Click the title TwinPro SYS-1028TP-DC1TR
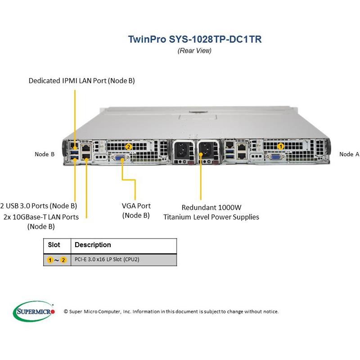click(x=194, y=39)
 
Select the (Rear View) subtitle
click(x=194, y=50)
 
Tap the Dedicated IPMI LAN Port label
click(x=81, y=81)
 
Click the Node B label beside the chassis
click(x=45, y=154)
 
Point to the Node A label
click(x=349, y=154)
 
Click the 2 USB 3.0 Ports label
click(x=39, y=206)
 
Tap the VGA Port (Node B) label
click(x=136, y=211)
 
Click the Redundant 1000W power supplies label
click(x=211, y=212)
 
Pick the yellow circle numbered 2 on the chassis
click(x=128, y=146)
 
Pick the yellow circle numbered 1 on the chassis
click(x=281, y=146)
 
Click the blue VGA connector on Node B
click(x=121, y=158)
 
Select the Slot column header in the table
click(x=54, y=245)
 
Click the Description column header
click(x=93, y=245)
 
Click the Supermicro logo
click(x=34, y=310)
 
